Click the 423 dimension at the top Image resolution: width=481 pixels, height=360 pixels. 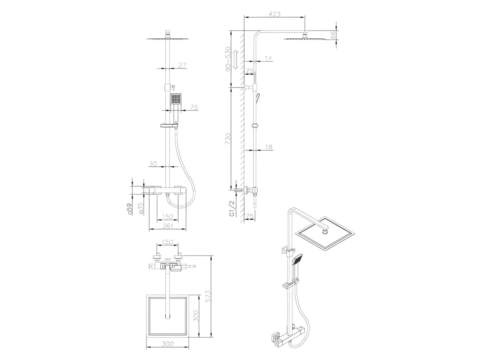tap(275, 14)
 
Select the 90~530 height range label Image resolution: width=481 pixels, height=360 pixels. tap(228, 59)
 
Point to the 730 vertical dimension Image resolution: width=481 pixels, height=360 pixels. tap(228, 138)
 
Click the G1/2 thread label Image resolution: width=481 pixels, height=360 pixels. tap(232, 209)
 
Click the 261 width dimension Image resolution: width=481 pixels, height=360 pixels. tap(168, 226)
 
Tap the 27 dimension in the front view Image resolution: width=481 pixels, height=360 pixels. tap(182, 65)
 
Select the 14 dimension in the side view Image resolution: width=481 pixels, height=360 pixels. tap(268, 58)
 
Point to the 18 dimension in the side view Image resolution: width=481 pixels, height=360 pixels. tap(268, 147)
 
